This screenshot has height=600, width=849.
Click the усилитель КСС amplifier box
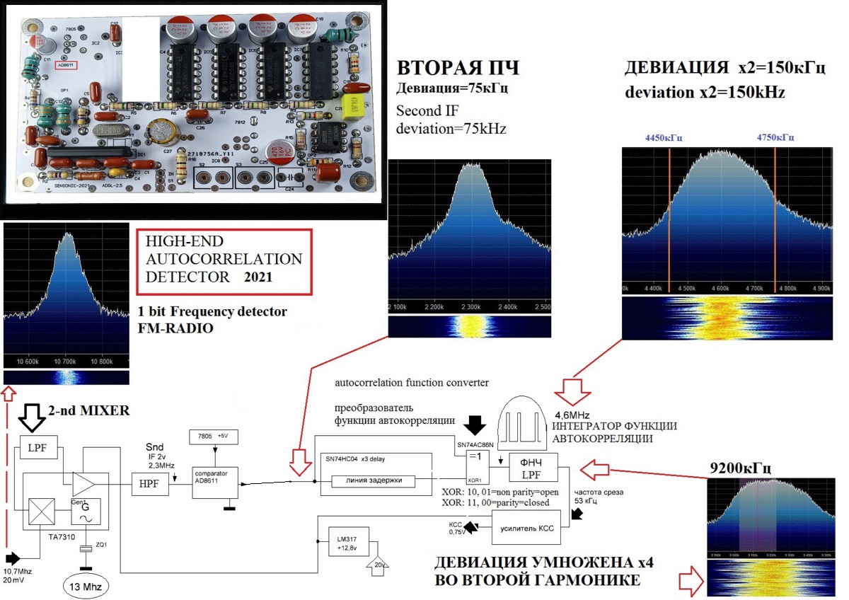[526, 527]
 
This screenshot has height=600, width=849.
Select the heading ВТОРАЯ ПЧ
[458, 69]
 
